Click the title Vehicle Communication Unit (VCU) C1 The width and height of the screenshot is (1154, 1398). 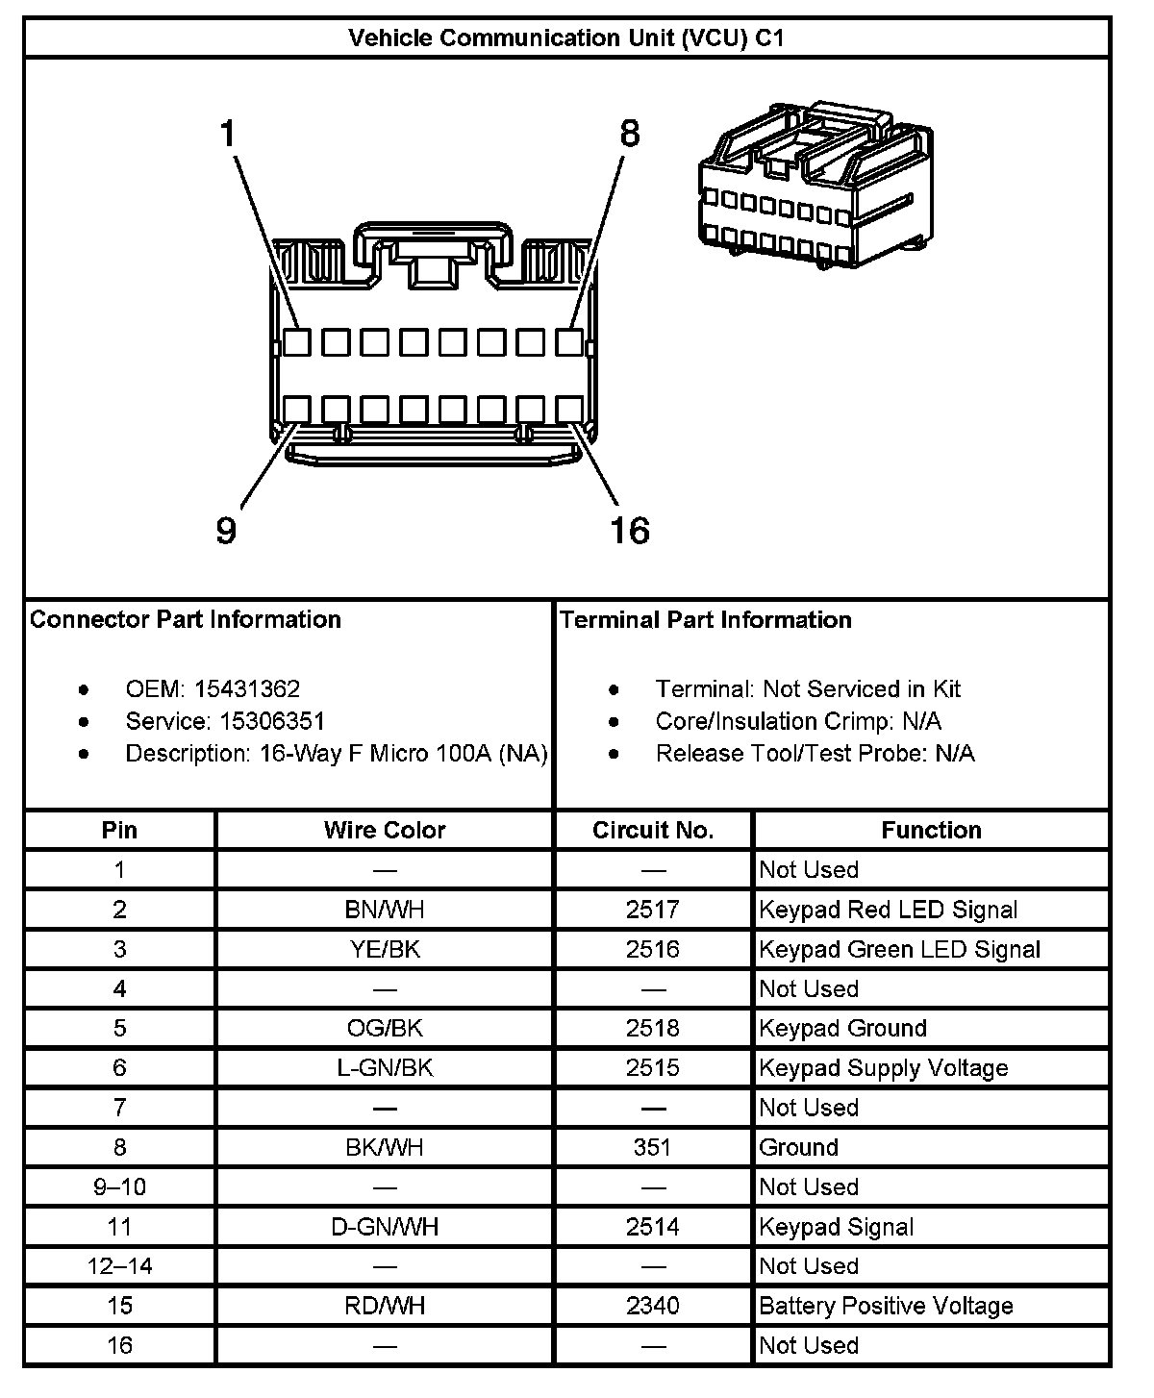(566, 38)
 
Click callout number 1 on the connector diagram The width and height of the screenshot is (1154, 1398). (228, 134)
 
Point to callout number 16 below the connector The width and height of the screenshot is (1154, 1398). (630, 530)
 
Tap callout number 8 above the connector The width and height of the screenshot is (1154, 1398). (630, 134)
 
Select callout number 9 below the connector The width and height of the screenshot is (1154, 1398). (226, 530)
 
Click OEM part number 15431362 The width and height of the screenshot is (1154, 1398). (247, 689)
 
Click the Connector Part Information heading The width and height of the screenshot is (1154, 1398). (186, 619)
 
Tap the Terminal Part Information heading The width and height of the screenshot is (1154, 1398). (706, 619)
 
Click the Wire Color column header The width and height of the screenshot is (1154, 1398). (385, 830)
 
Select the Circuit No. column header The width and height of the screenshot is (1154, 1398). (653, 830)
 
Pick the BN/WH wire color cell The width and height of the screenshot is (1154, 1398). (385, 910)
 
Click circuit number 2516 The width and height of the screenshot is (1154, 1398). (653, 949)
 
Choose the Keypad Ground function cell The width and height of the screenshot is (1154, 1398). (842, 1028)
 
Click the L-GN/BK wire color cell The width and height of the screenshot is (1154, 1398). (385, 1067)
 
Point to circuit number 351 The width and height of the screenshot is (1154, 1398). (653, 1147)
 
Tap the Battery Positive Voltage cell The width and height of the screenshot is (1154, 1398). (886, 1306)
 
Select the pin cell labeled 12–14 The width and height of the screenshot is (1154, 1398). (119, 1266)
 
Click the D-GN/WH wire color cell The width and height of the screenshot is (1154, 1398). (385, 1227)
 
